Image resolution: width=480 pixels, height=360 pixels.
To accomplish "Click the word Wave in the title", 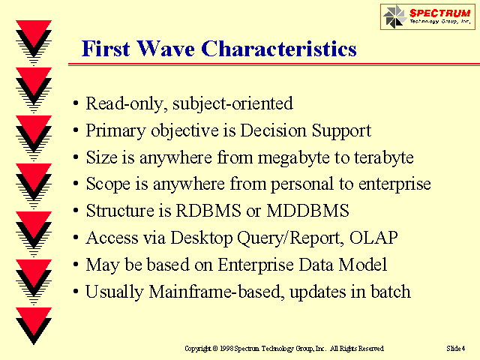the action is [166, 49].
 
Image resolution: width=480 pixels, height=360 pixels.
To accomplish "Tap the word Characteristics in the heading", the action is [279, 49].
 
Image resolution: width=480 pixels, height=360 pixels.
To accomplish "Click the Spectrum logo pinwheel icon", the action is [393, 16].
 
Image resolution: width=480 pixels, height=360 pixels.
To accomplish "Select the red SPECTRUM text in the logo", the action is [440, 13].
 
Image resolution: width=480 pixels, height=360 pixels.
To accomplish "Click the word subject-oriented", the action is [232, 103].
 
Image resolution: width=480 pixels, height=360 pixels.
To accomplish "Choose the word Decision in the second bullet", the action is [273, 130].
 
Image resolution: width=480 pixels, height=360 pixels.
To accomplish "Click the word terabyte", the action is [384, 158].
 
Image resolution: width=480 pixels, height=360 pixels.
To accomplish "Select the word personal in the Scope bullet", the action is [301, 184].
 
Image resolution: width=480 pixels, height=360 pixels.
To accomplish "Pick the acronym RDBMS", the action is [208, 211].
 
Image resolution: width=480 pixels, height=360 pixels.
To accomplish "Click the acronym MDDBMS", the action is [307, 211].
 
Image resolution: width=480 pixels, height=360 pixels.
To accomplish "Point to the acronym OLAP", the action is [373, 238].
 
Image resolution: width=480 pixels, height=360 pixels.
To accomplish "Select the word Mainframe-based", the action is [215, 292].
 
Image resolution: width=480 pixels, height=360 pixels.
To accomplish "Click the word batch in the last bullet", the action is [391, 292].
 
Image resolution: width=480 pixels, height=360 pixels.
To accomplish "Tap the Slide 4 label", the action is [456, 348].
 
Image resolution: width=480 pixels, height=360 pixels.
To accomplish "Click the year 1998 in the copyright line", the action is [226, 348].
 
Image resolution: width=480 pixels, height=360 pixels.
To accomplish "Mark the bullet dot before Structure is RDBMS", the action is [76, 211].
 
